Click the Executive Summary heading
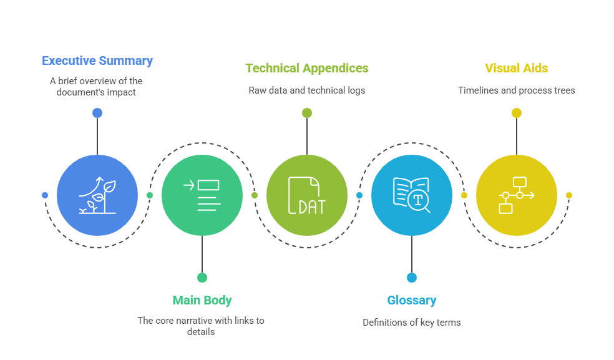(x=97, y=61)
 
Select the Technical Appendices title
(x=307, y=69)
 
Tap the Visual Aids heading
(x=517, y=68)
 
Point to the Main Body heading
(x=202, y=301)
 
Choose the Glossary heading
(x=412, y=301)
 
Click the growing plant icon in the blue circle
(x=97, y=195)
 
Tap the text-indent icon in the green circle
(x=202, y=195)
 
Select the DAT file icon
(x=307, y=195)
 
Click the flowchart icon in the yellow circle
(x=517, y=195)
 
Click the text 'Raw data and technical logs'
(x=307, y=90)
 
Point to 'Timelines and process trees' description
(x=517, y=90)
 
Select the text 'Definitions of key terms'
(x=412, y=323)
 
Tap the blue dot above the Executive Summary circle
(x=97, y=113)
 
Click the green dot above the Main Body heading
(x=202, y=278)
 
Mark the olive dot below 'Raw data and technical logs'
(x=307, y=113)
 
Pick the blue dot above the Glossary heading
(x=412, y=278)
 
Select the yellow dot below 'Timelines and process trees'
(x=517, y=113)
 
